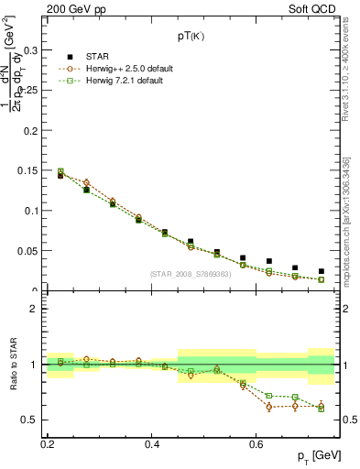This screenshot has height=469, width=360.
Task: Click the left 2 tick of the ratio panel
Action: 38,309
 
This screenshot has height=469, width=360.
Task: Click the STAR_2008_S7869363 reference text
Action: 191,274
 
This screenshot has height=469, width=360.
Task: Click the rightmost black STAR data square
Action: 321,271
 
